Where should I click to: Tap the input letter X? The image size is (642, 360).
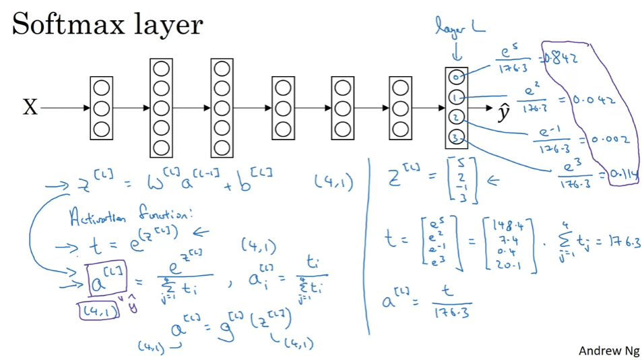pyautogui.click(x=30, y=108)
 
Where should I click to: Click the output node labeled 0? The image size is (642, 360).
pyautogui.click(x=456, y=77)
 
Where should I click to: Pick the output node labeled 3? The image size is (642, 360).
pyautogui.click(x=456, y=139)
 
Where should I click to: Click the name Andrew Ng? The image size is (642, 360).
pyautogui.click(x=605, y=351)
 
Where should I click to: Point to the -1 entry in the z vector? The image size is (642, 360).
pyautogui.click(x=462, y=187)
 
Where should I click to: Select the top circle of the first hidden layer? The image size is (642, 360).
pyautogui.click(x=101, y=88)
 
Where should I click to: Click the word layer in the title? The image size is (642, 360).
pyautogui.click(x=169, y=26)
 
